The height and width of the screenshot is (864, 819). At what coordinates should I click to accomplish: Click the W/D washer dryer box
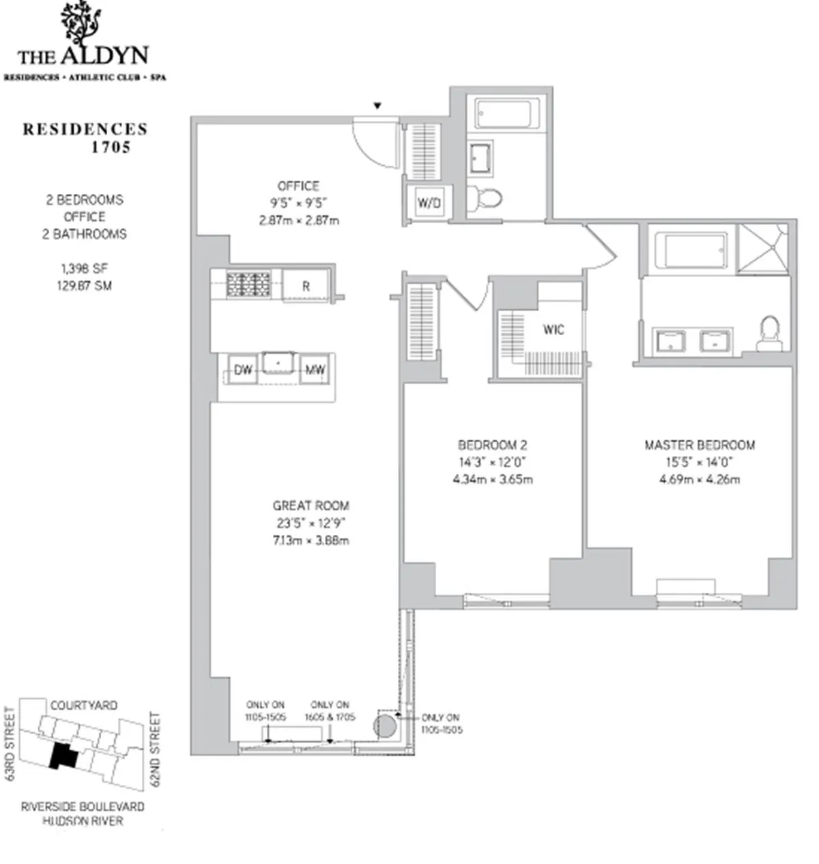tap(429, 203)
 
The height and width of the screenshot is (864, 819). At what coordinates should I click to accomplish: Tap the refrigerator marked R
tap(306, 286)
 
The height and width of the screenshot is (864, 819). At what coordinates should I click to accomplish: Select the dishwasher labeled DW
tap(243, 370)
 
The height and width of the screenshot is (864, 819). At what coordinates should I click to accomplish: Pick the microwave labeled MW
tap(315, 370)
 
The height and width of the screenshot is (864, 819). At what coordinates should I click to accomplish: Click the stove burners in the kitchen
tap(248, 284)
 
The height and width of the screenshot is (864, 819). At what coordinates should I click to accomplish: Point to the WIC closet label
tap(554, 330)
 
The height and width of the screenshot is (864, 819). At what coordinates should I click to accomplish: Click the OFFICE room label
tap(298, 186)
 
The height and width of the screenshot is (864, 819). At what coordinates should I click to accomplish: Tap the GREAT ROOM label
tap(311, 506)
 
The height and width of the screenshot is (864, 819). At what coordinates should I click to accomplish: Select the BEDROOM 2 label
tap(492, 444)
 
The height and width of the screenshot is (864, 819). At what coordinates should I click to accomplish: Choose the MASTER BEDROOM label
tap(700, 445)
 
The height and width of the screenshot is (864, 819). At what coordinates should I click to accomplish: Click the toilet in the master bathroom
tap(770, 332)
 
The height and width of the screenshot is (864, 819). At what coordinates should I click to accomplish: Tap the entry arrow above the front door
tap(376, 106)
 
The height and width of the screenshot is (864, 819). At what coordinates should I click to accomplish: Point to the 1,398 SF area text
tap(85, 268)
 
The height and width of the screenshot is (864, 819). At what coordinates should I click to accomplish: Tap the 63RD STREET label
tap(10, 744)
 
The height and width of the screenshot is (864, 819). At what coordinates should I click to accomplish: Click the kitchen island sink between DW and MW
tap(278, 364)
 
